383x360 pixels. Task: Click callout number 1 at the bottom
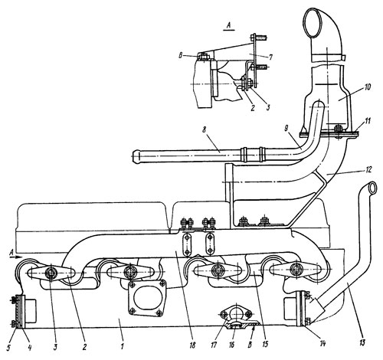point(123,347)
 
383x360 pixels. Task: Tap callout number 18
point(192,345)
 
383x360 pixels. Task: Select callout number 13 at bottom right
point(362,342)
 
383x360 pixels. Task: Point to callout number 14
point(322,343)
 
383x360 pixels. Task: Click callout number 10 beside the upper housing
point(368,87)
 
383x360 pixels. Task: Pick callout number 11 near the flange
point(367,120)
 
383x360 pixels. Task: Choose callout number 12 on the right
point(367,169)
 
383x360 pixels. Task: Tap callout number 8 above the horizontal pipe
point(204,130)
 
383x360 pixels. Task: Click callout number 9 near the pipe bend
point(286,129)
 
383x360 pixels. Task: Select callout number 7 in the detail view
point(270,57)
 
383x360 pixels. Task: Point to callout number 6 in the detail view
point(181,56)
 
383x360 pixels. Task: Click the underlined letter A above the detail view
point(229,25)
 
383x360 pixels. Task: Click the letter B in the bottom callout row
point(250,345)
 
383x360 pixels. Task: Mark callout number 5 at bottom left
point(8,348)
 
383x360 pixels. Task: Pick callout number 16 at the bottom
point(231,345)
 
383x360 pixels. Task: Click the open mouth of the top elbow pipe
point(313,22)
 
